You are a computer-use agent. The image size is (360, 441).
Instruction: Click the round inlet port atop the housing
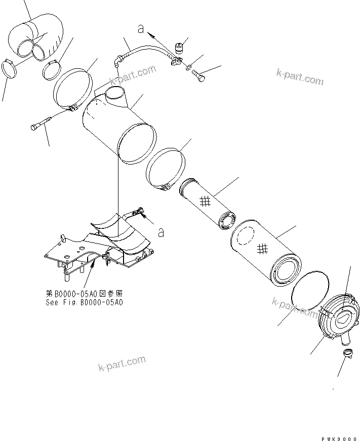116,93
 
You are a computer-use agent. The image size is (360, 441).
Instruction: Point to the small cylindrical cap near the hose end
178,49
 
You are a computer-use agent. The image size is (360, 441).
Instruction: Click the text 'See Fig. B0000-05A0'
84,302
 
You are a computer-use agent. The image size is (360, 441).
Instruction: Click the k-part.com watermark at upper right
299,77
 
